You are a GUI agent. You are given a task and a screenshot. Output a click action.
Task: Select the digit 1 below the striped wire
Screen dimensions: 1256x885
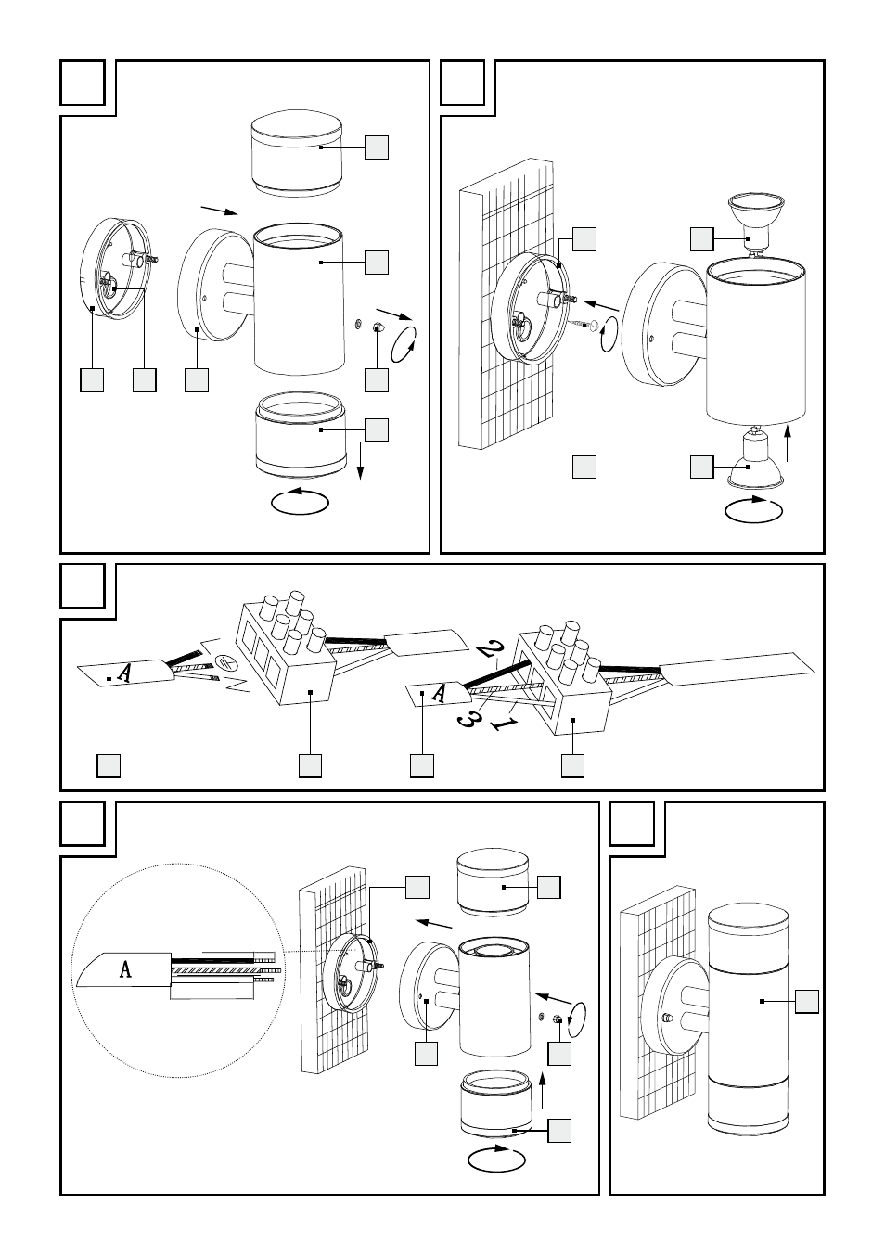[x=505, y=722]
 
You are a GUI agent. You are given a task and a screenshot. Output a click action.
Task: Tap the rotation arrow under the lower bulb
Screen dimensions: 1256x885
[x=752, y=509]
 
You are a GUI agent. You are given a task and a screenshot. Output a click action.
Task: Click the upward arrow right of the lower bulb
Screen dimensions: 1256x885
[x=789, y=444]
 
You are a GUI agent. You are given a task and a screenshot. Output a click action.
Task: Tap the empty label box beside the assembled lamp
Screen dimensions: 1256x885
[x=807, y=1002]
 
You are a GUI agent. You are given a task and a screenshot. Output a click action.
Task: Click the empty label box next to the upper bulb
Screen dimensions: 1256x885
[x=702, y=238]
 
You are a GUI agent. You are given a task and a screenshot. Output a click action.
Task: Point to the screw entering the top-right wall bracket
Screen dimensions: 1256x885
[x=585, y=324]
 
